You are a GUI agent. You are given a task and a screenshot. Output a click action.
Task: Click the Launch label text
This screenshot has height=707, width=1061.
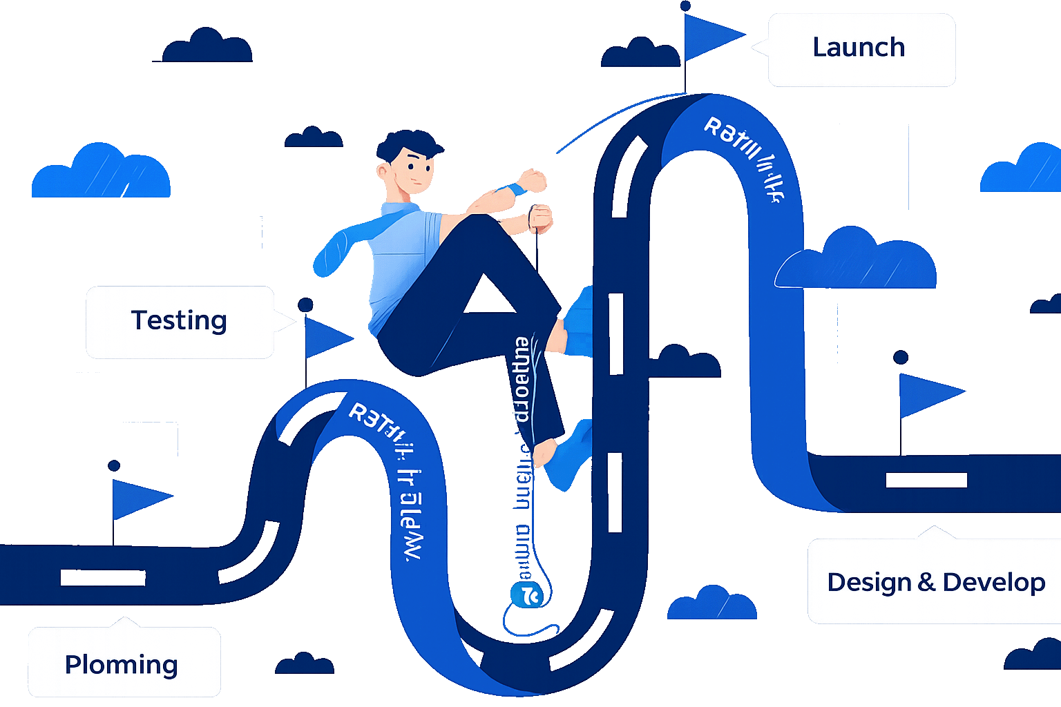(859, 48)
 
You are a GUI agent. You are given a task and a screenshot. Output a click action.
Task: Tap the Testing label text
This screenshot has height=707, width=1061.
(179, 320)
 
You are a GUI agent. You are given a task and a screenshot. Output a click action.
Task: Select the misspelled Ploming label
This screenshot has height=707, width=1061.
(122, 665)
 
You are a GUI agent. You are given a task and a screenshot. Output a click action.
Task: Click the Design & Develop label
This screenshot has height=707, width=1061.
(936, 582)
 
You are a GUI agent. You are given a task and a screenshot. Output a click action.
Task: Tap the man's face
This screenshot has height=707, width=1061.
(415, 172)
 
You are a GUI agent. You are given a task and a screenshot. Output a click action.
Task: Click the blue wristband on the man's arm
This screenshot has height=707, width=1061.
(515, 189)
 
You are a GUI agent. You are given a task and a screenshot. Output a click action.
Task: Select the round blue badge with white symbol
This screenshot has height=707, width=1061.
(527, 594)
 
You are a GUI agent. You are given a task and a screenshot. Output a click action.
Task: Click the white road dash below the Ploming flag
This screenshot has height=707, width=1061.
(103, 577)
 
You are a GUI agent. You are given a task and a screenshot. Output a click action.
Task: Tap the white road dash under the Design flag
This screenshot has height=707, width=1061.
(926, 480)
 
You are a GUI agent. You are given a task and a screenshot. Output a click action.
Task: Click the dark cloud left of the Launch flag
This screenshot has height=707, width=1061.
(640, 55)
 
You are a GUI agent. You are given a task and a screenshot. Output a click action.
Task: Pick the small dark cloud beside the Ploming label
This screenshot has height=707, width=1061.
(305, 664)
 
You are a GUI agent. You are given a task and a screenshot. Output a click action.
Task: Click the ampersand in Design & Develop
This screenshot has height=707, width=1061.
(926, 582)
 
